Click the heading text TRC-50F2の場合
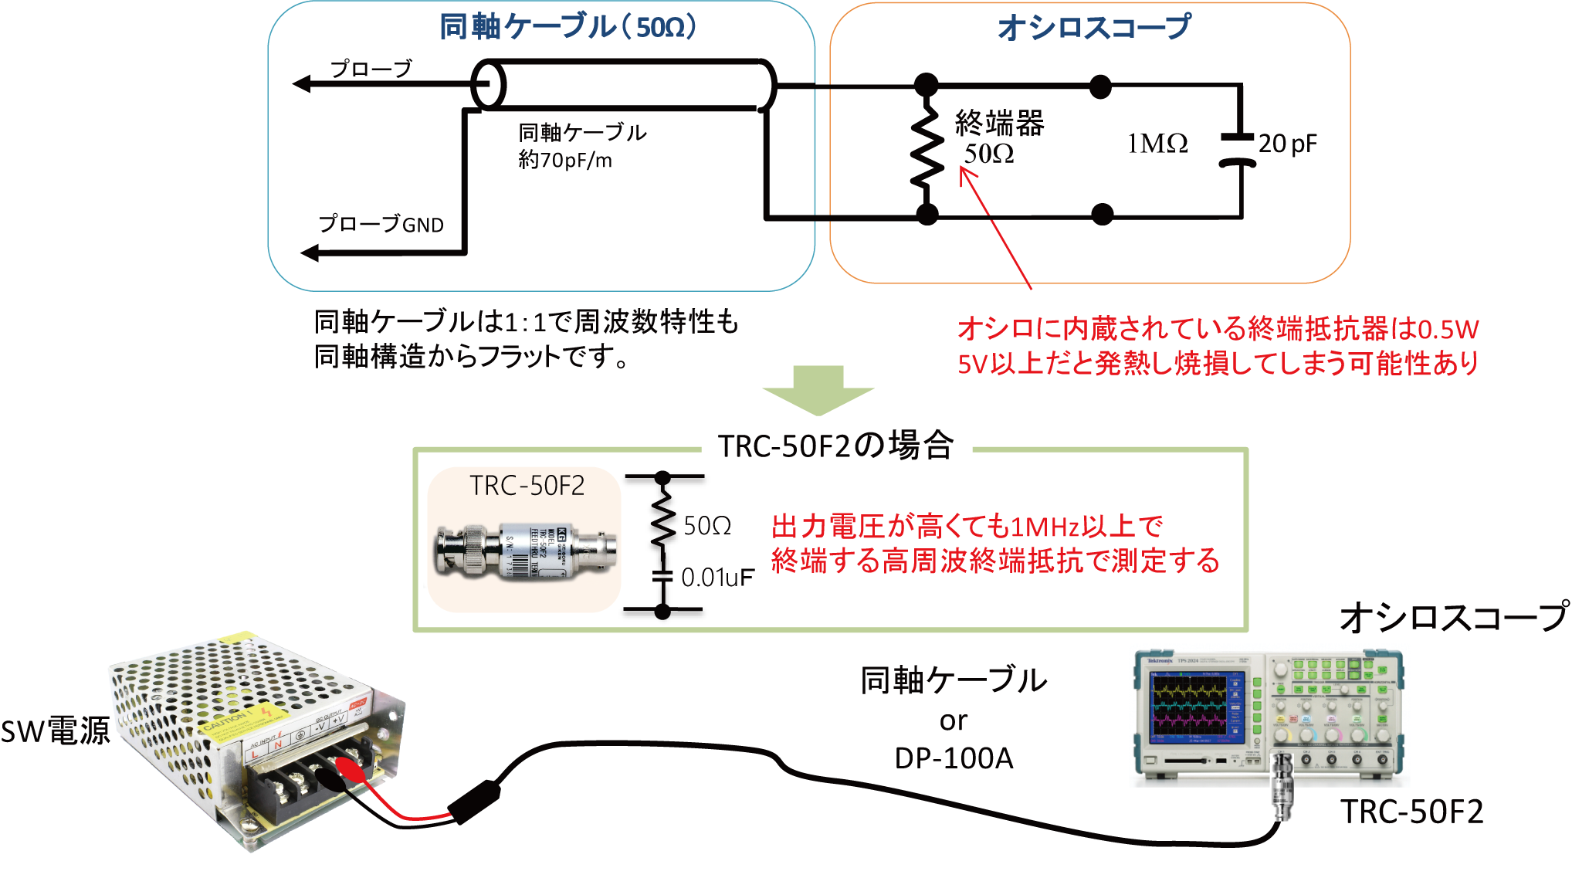tap(835, 446)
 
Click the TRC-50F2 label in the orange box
tap(527, 486)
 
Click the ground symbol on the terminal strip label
tap(300, 733)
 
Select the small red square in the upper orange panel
tap(986, 190)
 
